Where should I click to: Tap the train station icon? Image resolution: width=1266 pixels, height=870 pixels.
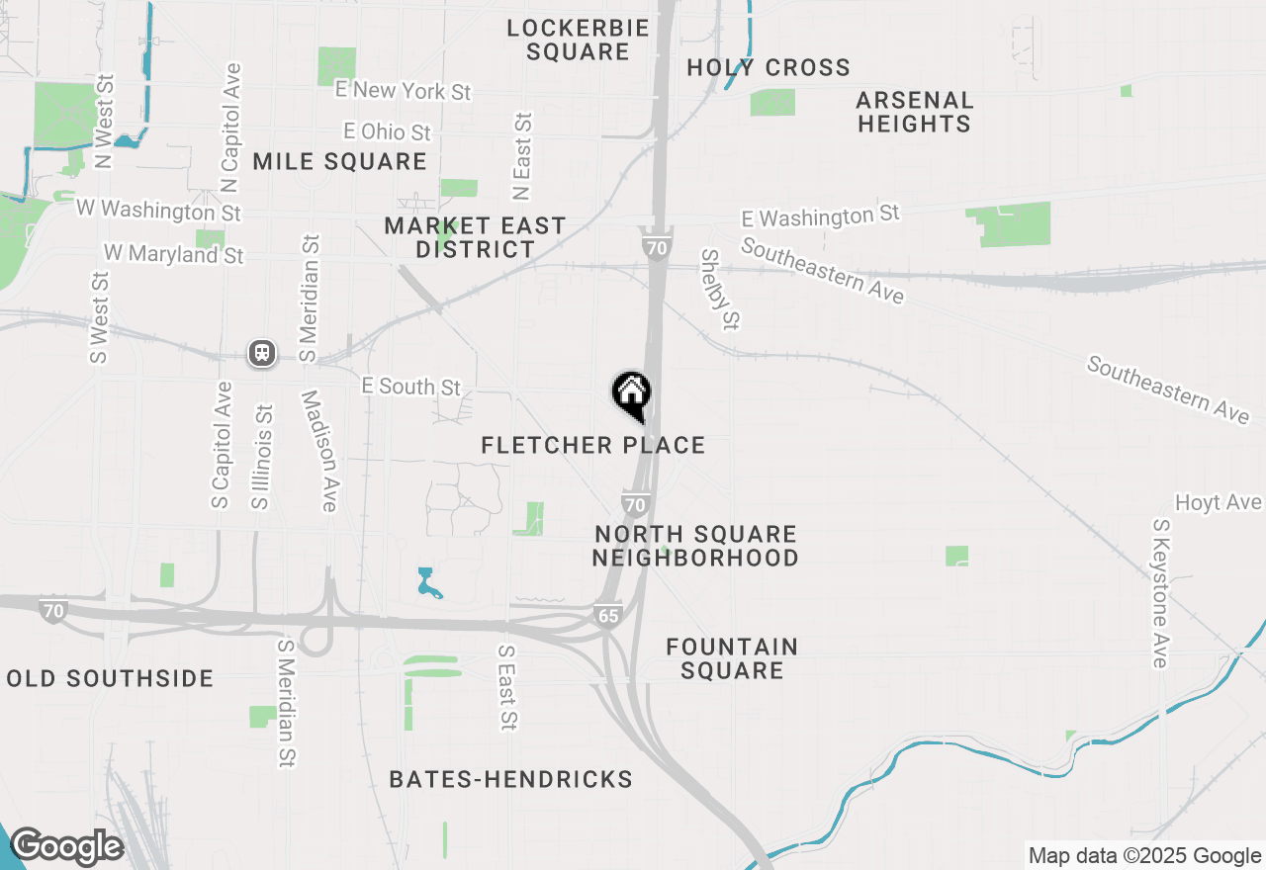point(262,353)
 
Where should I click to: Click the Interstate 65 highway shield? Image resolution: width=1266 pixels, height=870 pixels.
point(608,615)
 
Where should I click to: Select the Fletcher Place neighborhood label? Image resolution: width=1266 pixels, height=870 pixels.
point(593,446)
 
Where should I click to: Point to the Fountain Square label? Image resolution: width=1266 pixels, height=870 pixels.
point(732,658)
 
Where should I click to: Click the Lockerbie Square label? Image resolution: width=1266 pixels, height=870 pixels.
point(578,40)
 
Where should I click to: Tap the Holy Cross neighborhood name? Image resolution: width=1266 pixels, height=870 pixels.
point(769,68)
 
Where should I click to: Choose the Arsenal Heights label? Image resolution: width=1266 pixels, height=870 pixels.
point(915,112)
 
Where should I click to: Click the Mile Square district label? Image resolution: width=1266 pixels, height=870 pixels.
point(339,162)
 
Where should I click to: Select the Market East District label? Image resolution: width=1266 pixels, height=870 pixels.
point(476,237)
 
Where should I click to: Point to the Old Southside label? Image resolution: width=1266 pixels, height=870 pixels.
point(110,679)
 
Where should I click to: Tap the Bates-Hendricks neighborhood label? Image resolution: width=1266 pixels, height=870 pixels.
point(510,780)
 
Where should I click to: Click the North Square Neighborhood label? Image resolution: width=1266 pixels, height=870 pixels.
point(695,546)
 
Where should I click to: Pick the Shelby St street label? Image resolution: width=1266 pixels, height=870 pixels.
point(720,289)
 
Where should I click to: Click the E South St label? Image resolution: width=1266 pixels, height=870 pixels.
point(411,387)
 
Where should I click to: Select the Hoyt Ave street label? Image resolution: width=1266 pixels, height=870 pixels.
point(1219,503)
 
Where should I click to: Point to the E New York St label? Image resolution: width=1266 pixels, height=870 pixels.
point(404,91)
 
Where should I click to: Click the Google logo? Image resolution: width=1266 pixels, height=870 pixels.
point(66,847)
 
